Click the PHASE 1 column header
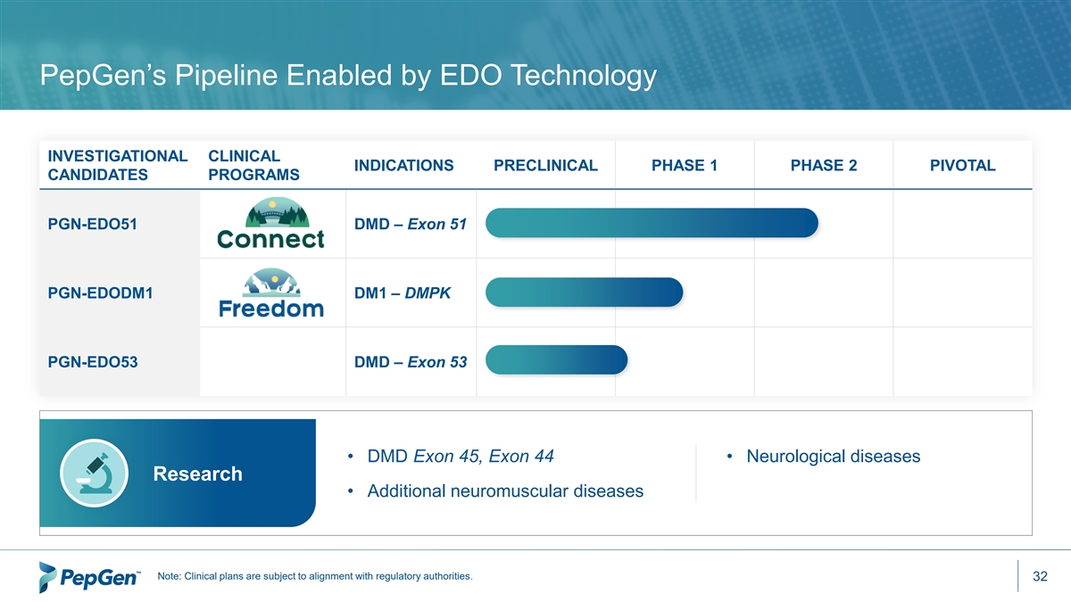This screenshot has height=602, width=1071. pyautogui.click(x=685, y=165)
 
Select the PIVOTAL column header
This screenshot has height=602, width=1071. pyautogui.click(x=962, y=165)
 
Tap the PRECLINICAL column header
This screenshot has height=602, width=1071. pyautogui.click(x=545, y=165)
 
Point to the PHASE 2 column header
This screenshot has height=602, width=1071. pyautogui.click(x=823, y=165)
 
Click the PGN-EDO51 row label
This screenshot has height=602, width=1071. pyautogui.click(x=92, y=224)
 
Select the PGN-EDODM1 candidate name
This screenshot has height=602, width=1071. pyautogui.click(x=100, y=293)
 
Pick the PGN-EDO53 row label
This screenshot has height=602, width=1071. pyautogui.click(x=93, y=362)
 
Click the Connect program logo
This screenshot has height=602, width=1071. pyautogui.click(x=270, y=223)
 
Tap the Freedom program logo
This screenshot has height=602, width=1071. pyautogui.click(x=271, y=293)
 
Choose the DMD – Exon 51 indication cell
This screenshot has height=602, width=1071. pyautogui.click(x=411, y=224)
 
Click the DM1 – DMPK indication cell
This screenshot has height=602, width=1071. pyautogui.click(x=403, y=293)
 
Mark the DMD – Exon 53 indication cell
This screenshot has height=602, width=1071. pyautogui.click(x=411, y=362)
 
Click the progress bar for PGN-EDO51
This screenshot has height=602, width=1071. pyautogui.click(x=652, y=223)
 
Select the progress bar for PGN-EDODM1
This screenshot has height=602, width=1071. pyautogui.click(x=585, y=292)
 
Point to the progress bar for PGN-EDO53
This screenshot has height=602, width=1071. pyautogui.click(x=557, y=359)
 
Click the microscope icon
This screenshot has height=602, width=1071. pyautogui.click(x=95, y=473)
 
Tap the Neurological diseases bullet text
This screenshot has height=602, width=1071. pyautogui.click(x=834, y=457)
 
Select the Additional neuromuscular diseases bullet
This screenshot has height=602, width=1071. pyautogui.click(x=505, y=491)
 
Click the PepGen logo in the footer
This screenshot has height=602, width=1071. pyautogui.click(x=90, y=577)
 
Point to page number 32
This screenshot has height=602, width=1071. pyautogui.click(x=1040, y=576)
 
